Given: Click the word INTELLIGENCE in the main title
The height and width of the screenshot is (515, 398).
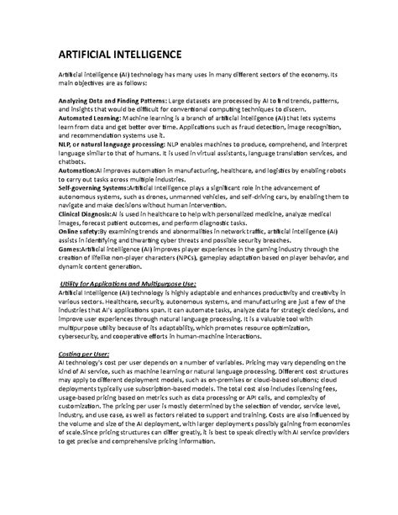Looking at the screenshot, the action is pyautogui.click(x=142, y=55).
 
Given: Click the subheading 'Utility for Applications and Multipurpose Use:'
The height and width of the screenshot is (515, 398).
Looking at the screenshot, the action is pyautogui.click(x=139, y=284).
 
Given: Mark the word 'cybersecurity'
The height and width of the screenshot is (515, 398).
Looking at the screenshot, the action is pyautogui.click(x=82, y=336).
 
